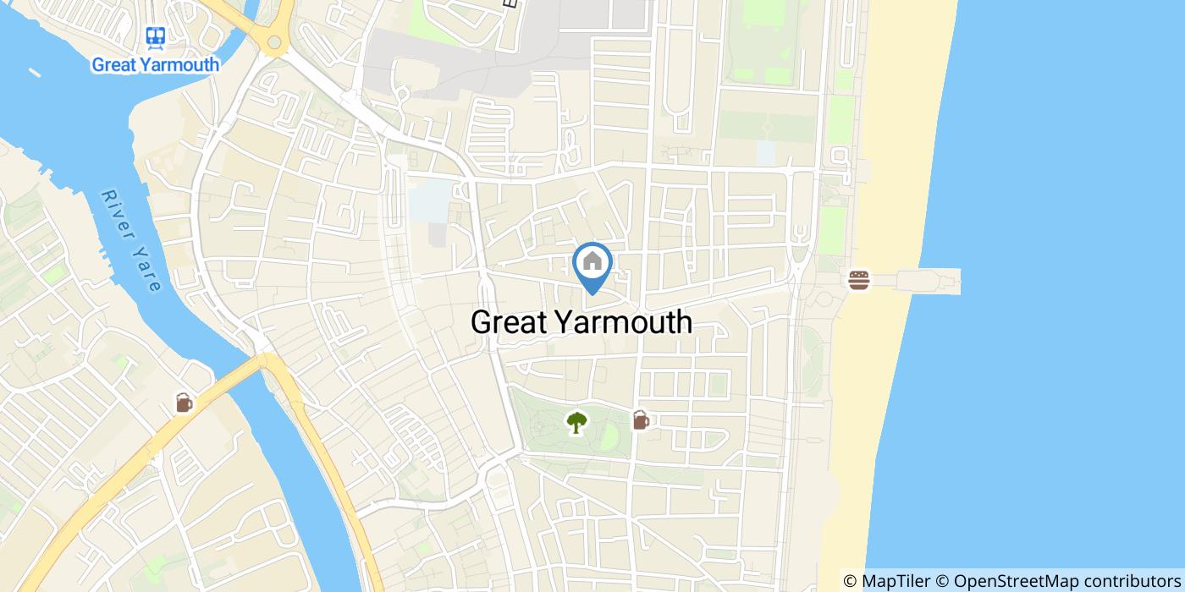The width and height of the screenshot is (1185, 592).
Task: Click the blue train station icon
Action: click(155, 36)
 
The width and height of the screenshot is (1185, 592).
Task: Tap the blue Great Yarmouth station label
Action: click(155, 64)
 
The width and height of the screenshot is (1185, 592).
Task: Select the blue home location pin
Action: click(592, 265)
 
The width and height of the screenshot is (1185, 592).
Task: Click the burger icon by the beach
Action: click(858, 280)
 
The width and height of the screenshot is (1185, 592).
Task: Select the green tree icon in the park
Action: click(576, 421)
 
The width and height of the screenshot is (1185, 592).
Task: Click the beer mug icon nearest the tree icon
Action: click(641, 419)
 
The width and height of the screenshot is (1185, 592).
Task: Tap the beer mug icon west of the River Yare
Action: click(184, 403)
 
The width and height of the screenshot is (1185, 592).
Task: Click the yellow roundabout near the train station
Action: click(274, 41)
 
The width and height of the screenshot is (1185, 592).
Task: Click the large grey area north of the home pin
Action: click(474, 59)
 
